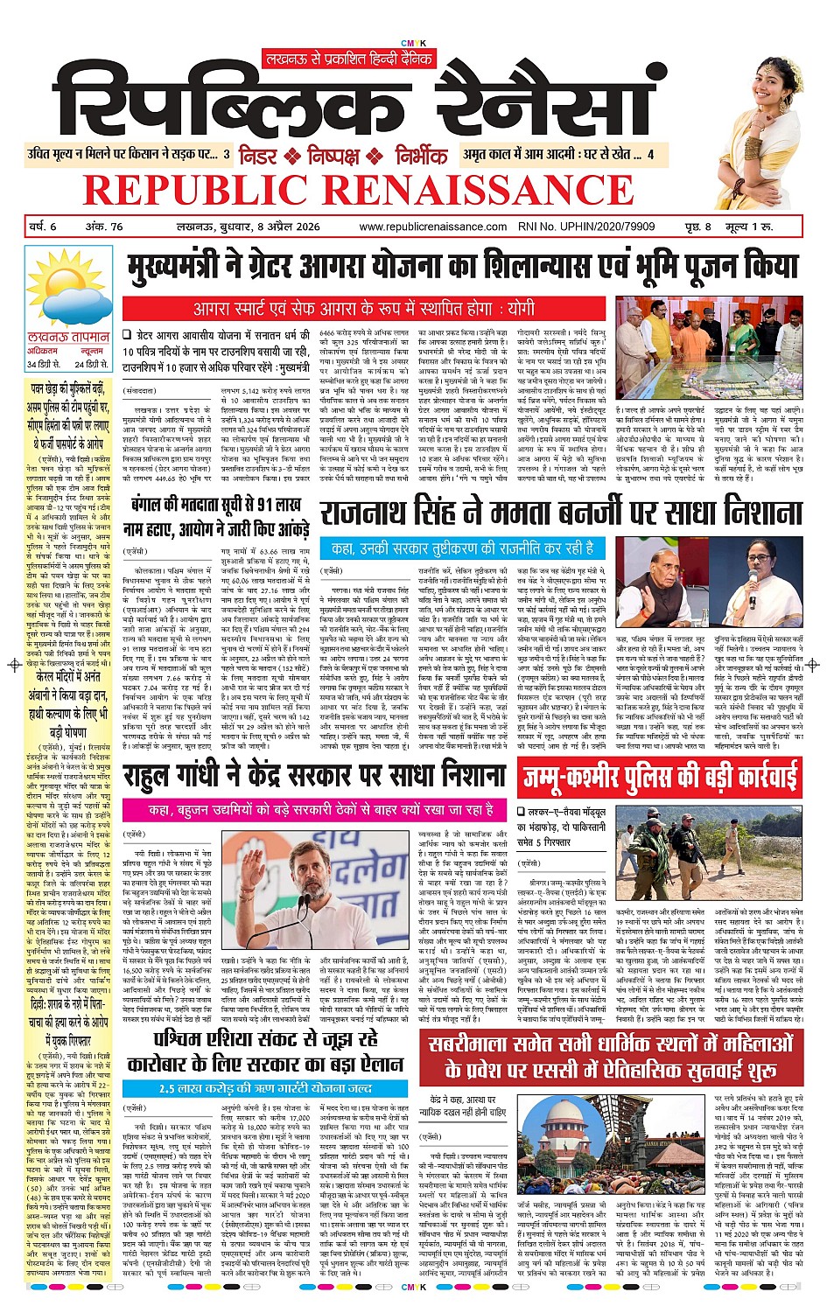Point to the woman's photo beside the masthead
point(763,114)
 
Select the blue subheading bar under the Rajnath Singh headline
point(460,548)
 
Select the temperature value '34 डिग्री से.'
point(44,363)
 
